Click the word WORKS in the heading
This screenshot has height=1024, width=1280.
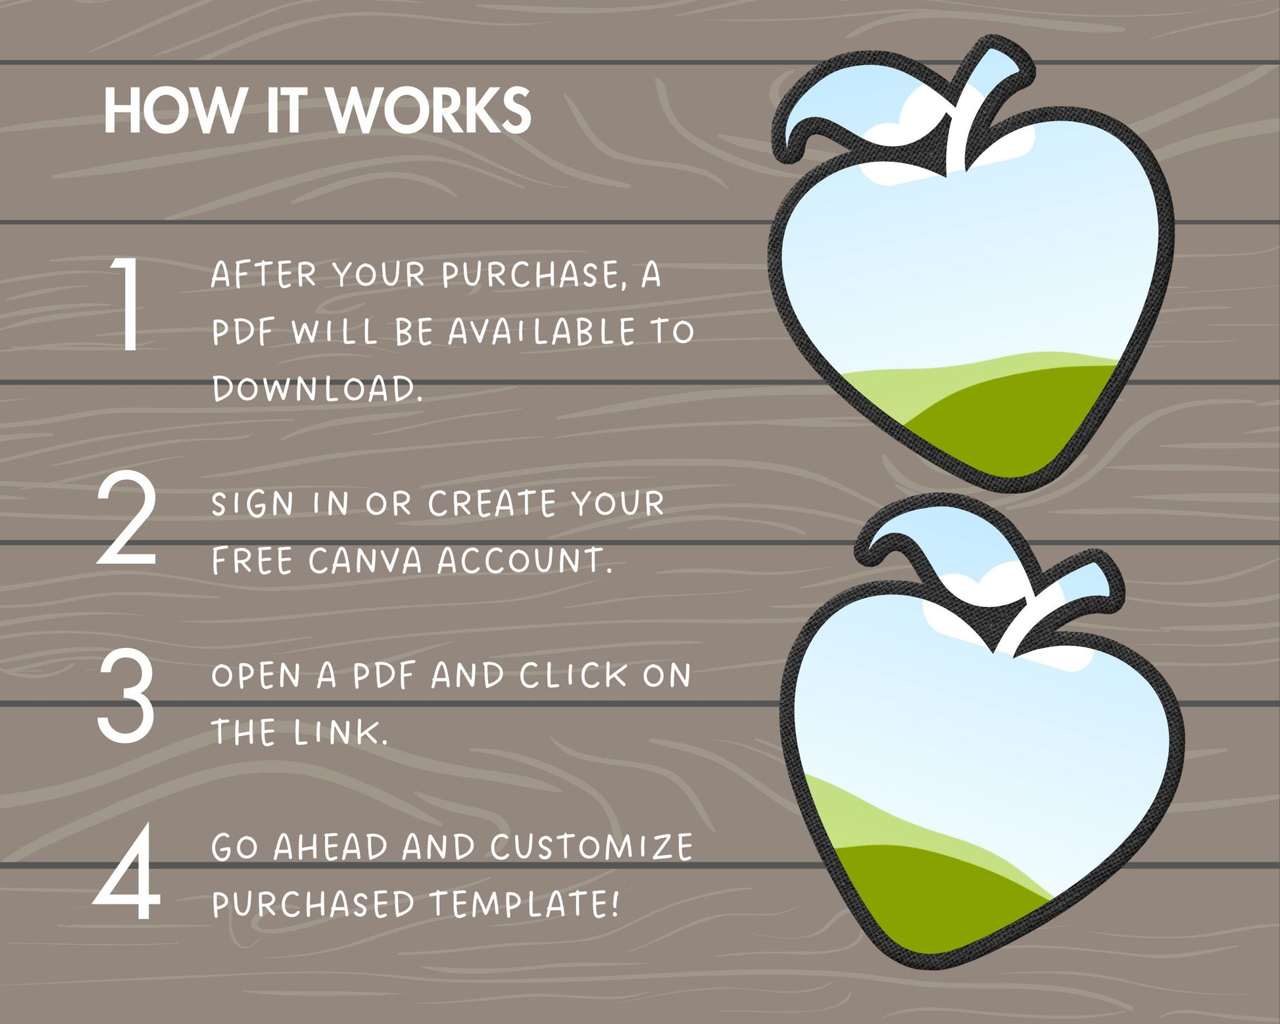coord(429,110)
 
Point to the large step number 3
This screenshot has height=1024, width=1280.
coord(126,695)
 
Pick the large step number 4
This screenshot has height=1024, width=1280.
coord(127,871)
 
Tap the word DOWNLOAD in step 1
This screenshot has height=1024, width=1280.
coord(316,389)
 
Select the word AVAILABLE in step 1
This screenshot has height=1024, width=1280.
coord(541,331)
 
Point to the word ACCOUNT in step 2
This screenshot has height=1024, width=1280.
coord(524,561)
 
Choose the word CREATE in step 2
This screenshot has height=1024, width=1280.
coord(492,504)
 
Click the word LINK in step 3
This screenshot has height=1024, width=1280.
coord(340,732)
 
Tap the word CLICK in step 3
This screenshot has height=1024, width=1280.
coord(574,675)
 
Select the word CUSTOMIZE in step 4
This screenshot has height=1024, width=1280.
coord(591,846)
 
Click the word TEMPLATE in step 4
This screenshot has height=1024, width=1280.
coord(524,904)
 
